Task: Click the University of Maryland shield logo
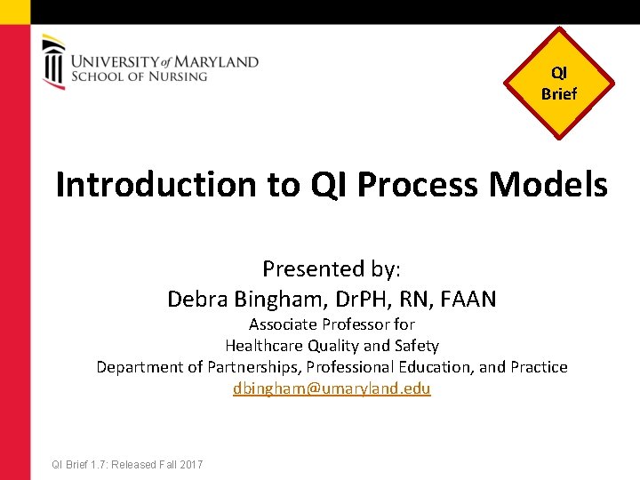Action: [x=53, y=62]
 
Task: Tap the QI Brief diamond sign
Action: [x=558, y=84]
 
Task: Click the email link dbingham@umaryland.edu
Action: [x=332, y=388]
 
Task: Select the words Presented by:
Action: [x=332, y=268]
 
